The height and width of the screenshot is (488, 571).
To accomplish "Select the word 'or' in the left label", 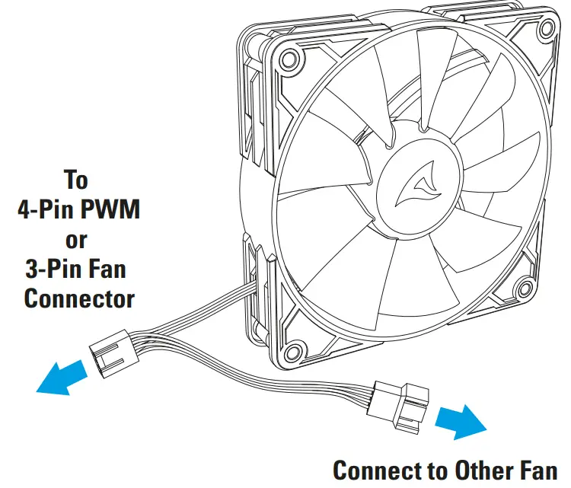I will coord(76,240).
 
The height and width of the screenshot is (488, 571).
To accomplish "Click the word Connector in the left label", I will coord(79,298).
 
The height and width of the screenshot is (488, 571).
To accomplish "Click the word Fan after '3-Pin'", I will coord(107,268).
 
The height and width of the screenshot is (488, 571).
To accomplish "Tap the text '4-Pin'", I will coord(44,209).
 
